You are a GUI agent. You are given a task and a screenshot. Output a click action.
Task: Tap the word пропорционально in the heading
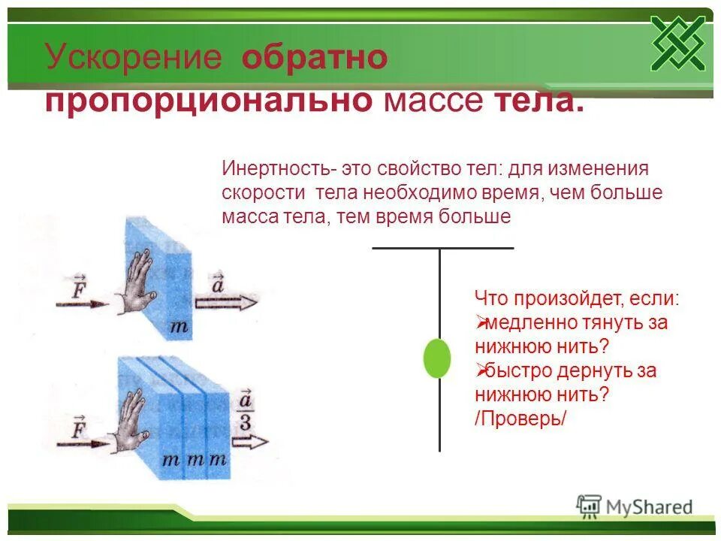coord(209,100)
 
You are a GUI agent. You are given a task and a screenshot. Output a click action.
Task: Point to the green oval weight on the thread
coord(437,358)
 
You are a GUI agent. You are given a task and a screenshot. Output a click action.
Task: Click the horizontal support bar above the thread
coord(443,248)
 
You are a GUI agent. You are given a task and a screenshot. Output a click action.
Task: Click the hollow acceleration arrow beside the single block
coord(226,303)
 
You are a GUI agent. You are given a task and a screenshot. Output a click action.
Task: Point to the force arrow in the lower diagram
coord(81,441)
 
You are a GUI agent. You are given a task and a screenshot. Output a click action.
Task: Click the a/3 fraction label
coord(246,411)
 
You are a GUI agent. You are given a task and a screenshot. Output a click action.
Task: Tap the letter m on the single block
coord(179,326)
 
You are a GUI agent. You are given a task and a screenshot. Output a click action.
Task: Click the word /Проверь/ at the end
coord(520,418)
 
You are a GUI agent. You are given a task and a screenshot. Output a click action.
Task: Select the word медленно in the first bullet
coord(530,323)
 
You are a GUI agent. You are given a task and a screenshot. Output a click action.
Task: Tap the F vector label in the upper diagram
coord(79,287)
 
